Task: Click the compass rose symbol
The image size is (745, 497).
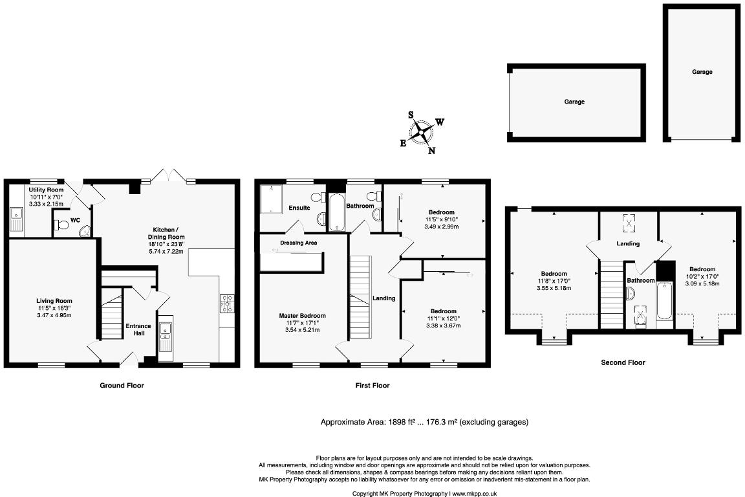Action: click(421, 132)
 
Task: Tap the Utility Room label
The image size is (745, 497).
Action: click(46, 190)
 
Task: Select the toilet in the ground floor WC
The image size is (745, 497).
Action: click(63, 225)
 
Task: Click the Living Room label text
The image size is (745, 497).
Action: click(54, 300)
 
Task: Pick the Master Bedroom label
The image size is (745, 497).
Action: click(302, 315)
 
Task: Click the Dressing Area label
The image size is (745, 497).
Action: click(298, 243)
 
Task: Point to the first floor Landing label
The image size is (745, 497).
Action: click(384, 298)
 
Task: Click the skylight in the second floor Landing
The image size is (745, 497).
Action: click(628, 223)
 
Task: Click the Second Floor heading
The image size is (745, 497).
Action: click(622, 363)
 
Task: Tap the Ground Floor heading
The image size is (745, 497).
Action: click(122, 386)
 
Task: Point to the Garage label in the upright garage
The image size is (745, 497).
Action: click(702, 72)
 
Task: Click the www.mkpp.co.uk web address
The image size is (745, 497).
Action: click(474, 493)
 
